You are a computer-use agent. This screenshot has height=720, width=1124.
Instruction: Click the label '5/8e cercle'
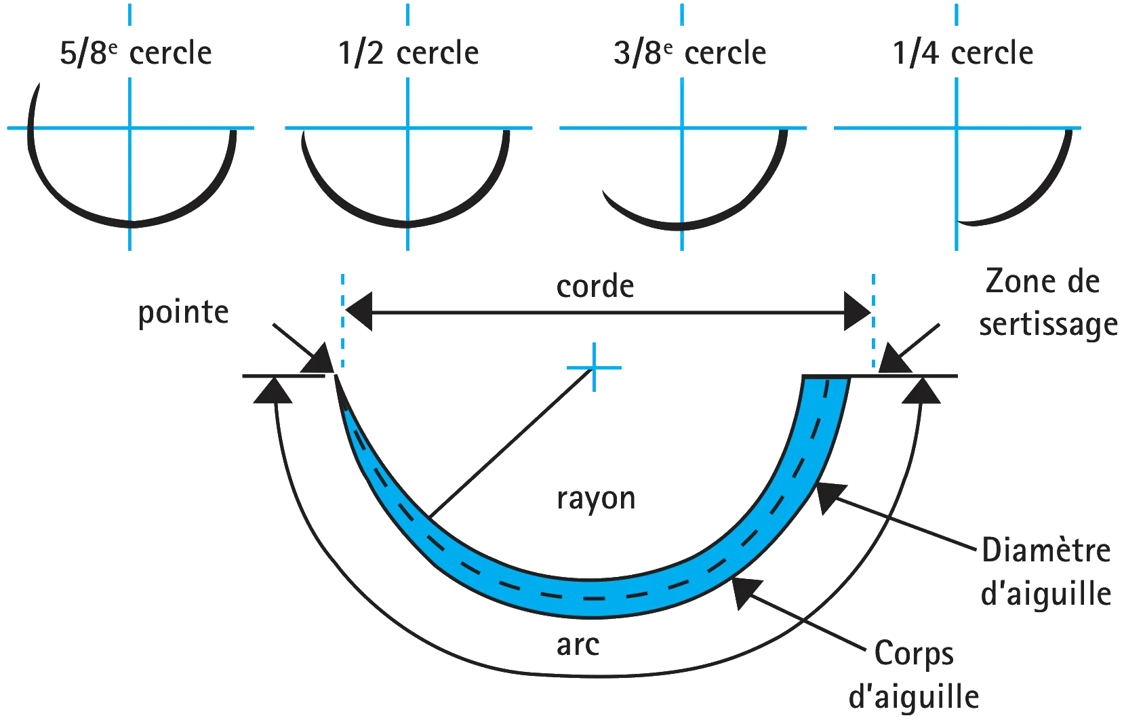point(136,53)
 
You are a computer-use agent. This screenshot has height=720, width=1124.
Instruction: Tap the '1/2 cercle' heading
point(409,53)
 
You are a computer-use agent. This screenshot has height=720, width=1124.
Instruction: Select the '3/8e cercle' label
point(690,53)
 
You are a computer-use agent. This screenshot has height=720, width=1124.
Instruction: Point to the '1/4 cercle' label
point(963,53)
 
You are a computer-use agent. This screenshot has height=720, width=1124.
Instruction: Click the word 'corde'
point(595,286)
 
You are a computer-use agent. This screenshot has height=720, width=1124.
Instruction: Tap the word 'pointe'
point(183,313)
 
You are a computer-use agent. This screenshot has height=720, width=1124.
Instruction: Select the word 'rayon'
point(596,499)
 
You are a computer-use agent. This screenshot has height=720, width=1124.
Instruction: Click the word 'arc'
point(578,645)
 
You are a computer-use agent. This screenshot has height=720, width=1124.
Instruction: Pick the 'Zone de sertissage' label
point(1047,302)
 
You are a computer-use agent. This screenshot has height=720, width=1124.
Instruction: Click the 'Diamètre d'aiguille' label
point(1046,572)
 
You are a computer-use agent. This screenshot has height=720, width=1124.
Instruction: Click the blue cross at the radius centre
point(594,367)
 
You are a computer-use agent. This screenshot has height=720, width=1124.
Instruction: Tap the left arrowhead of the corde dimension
point(359,312)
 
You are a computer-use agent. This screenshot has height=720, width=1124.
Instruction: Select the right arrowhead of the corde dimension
point(858,312)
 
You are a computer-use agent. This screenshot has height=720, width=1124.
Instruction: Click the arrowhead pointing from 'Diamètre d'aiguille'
point(830,498)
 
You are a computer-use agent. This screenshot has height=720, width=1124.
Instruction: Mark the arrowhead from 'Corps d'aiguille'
point(746,592)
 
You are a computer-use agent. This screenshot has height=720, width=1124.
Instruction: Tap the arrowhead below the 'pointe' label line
point(273,390)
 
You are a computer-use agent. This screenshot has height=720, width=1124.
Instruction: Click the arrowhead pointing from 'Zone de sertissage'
point(894,359)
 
